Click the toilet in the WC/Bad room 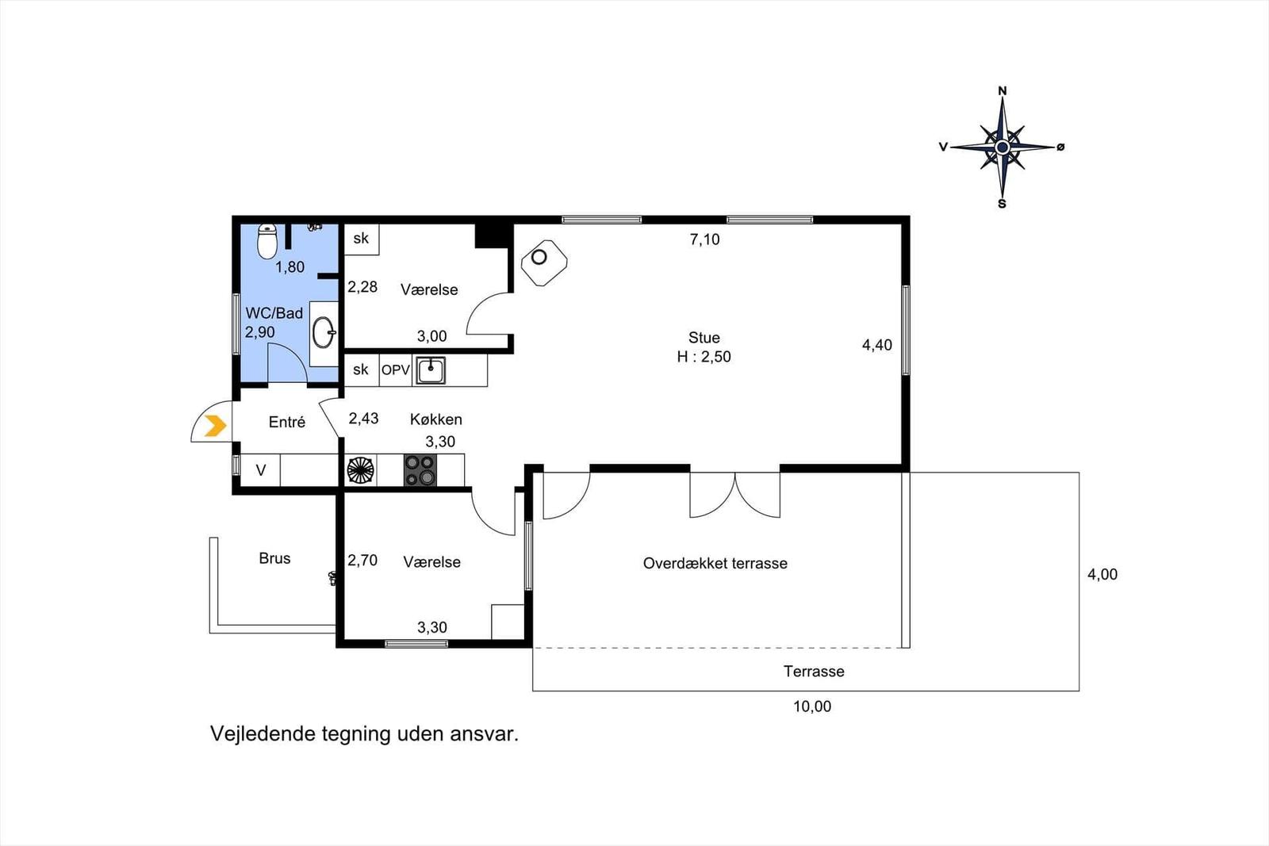pos(266,241)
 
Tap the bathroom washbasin pos(324,332)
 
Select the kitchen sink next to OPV pos(431,370)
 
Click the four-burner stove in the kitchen pos(420,470)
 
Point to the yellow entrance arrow pos(215,426)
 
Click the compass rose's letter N pos(1003,91)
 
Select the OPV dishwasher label pos(396,370)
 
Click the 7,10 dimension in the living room pos(705,239)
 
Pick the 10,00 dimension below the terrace pos(812,706)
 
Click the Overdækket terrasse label pos(715,564)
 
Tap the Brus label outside pos(274,558)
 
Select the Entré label pos(286,422)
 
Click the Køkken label pos(436,419)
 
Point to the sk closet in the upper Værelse pos(361,239)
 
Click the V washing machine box pos(261,470)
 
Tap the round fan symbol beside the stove pos(360,470)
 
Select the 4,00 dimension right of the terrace pos(1102,575)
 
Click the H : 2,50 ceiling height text pos(704,357)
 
